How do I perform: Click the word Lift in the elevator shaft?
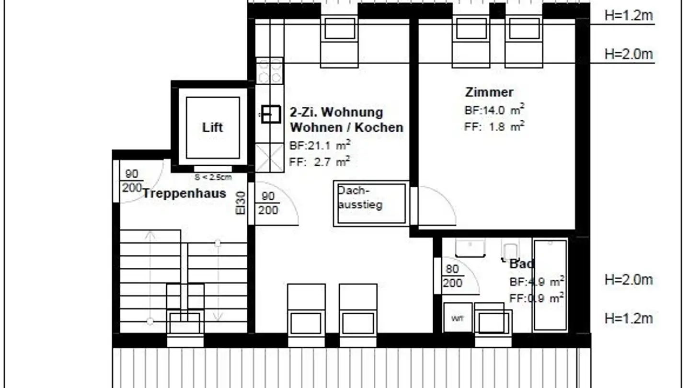pos(212,128)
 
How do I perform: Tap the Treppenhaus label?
pos(184,194)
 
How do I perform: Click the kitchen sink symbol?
pos(271,114)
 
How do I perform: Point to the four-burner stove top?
pos(270,71)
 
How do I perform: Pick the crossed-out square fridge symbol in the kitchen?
pos(270,157)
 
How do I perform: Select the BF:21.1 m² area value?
pos(320,145)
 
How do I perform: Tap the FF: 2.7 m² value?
pos(320,162)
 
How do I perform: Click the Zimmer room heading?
pos(489,92)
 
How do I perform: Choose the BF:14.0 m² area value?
pos(494,110)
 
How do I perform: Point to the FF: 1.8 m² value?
pos(494,127)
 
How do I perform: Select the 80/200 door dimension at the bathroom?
pos(452,276)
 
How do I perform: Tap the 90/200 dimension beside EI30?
pos(268,203)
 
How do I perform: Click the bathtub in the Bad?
pos(550,285)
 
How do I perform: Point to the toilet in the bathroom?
pos(510,250)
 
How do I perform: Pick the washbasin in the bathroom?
pos(470,248)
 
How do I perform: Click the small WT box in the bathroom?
pos(458,317)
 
